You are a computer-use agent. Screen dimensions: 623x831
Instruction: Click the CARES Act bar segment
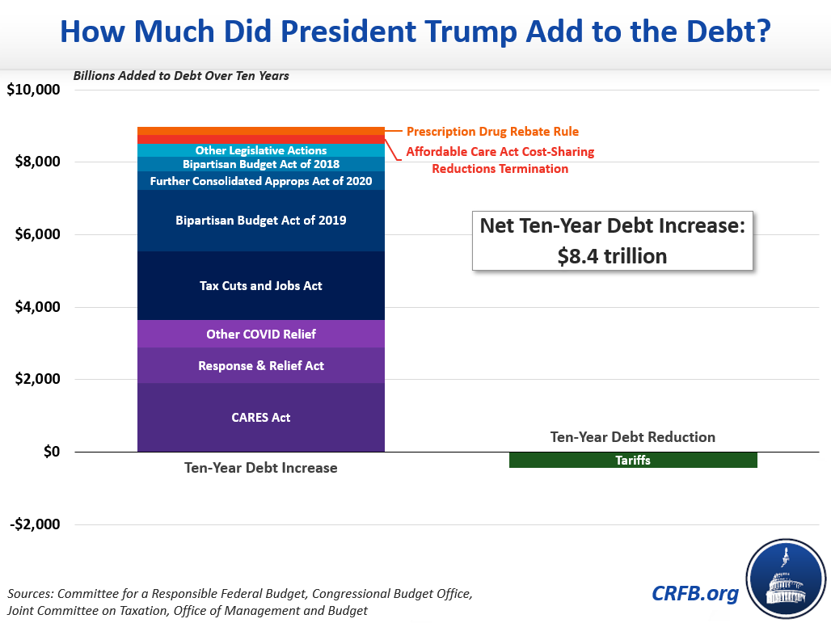[x=260, y=418]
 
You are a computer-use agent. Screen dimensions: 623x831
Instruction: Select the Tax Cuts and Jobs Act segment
[x=260, y=286]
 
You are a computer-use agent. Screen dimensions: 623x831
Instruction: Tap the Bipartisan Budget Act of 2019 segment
[x=260, y=220]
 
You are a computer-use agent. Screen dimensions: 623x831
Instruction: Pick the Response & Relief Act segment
[x=260, y=366]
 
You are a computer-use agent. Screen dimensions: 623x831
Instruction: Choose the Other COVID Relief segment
[x=260, y=334]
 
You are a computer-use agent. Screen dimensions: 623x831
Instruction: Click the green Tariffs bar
[x=633, y=461]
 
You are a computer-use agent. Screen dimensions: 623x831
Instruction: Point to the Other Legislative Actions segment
[x=260, y=150]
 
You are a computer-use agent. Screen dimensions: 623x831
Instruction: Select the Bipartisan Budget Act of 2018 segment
[x=260, y=164]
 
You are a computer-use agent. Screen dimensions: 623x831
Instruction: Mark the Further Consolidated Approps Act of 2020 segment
[x=260, y=181]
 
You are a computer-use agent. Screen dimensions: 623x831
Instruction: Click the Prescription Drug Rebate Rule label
[x=492, y=131]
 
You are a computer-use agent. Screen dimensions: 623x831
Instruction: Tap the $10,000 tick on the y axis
[x=34, y=90]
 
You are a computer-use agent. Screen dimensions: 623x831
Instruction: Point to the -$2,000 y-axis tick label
[x=36, y=524]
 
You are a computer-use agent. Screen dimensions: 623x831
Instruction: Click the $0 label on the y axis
[x=50, y=452]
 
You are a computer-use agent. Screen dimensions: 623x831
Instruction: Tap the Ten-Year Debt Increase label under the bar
[x=260, y=468]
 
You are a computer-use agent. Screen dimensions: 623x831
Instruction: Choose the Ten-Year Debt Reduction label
[x=633, y=437]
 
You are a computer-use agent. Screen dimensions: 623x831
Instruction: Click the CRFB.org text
[x=695, y=594]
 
